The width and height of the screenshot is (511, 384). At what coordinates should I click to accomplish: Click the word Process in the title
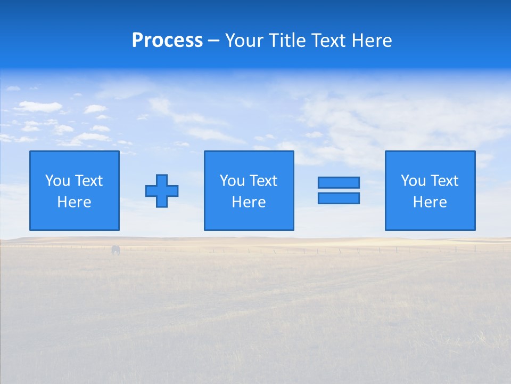point(167,41)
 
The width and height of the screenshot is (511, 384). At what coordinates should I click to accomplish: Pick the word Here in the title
point(372,41)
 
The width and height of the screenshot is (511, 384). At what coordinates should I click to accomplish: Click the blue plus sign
point(162,191)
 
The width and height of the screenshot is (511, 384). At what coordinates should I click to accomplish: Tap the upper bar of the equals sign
point(339,182)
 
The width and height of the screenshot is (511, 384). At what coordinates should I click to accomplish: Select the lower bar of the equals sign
point(339,198)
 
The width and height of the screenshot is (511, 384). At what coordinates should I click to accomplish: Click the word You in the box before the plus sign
point(57,181)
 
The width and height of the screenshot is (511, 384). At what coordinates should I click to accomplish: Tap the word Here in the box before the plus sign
point(74,202)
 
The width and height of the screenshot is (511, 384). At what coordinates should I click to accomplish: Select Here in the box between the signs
point(249,202)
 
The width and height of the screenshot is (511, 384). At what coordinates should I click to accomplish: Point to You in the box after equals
point(413,181)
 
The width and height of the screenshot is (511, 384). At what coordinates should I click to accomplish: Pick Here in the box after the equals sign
point(430,202)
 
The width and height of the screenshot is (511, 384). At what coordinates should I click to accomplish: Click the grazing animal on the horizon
point(116,250)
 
